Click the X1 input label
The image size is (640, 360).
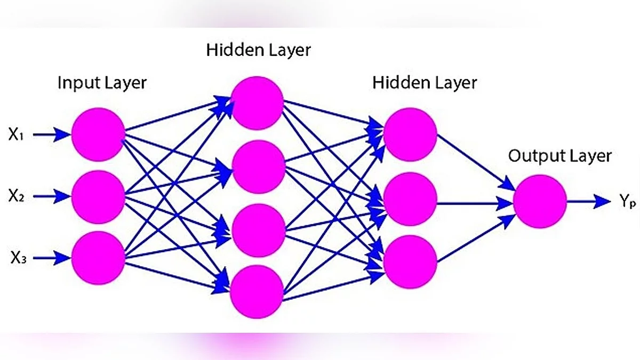pos(15,135)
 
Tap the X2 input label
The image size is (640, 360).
pos(15,197)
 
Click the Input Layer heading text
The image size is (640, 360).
pos(102,84)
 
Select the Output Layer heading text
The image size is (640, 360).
pos(559,156)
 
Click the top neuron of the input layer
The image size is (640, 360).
pos(98,134)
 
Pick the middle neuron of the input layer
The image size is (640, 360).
pos(98,197)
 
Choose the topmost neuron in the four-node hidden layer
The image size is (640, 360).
pos(257,103)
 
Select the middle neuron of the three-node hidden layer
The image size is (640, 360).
pos(410,197)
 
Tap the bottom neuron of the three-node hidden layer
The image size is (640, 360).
pos(410,261)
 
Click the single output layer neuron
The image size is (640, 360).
pos(540,202)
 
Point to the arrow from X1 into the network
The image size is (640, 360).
pos(52,135)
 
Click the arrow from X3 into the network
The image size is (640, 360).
pos(52,259)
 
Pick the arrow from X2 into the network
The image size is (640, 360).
pos(52,197)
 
